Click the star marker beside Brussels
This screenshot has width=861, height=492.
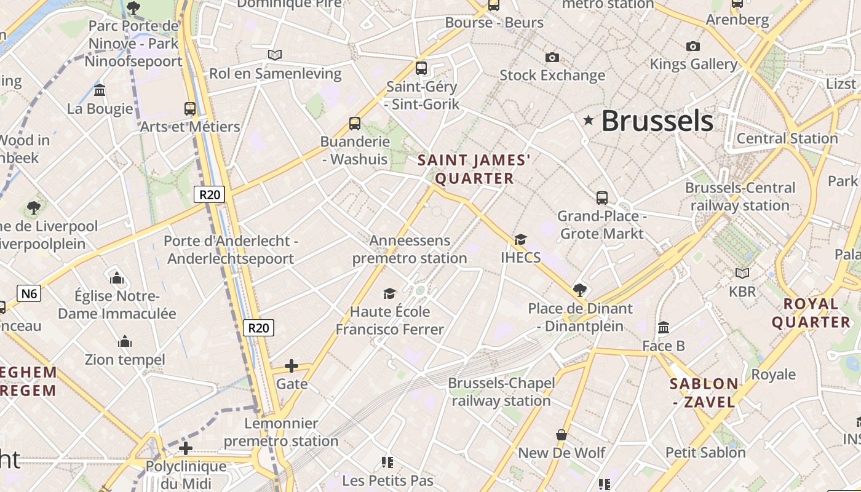[589, 120]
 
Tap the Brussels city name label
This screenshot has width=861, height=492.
[657, 121]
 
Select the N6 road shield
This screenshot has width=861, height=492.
[29, 293]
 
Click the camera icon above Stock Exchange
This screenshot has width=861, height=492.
[552, 57]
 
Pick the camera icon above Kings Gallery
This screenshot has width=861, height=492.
[693, 46]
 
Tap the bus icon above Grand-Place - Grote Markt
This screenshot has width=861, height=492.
[602, 198]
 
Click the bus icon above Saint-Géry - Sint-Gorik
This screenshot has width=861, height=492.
[421, 68]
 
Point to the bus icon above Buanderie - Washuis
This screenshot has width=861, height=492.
[355, 123]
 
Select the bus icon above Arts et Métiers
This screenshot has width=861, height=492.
[190, 109]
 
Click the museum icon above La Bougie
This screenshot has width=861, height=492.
[100, 91]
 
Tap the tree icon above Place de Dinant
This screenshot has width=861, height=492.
[579, 290]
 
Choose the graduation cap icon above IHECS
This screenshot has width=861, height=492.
[520, 239]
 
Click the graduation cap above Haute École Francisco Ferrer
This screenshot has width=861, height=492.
[389, 293]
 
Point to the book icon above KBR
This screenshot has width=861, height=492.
[742, 273]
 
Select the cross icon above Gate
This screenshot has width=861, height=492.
[292, 367]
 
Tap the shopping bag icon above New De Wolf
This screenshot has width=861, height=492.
[561, 435]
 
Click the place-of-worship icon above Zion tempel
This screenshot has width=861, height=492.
[125, 341]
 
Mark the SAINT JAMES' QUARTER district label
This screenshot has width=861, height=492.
[474, 170]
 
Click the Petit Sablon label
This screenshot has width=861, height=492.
[705, 453]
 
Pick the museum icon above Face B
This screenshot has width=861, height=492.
[664, 327]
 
